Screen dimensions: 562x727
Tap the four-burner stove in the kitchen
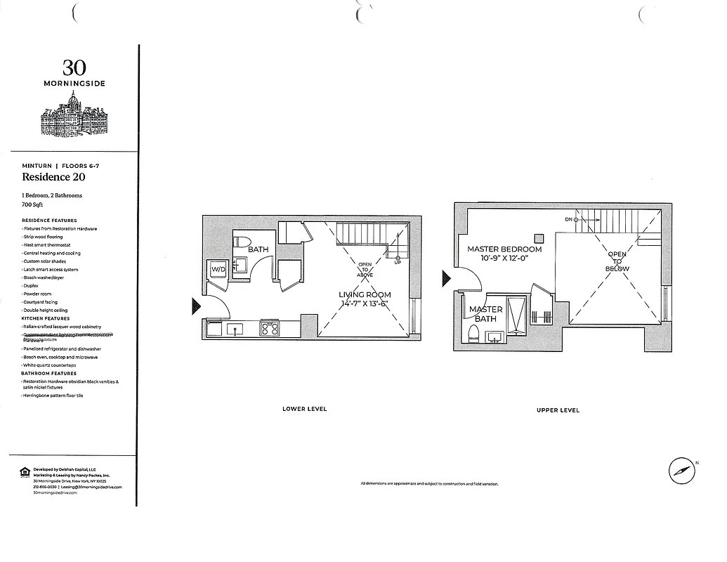pos(270,328)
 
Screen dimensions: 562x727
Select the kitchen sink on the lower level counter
pos(235,328)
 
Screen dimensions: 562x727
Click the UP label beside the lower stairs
pos(398,262)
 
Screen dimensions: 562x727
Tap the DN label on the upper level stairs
pos(570,219)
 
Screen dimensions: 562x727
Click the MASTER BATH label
pos(485,314)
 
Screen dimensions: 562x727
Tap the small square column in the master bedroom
pos(539,237)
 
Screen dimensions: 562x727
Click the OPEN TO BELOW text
pos(618,261)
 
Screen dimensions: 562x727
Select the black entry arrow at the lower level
pos(196,306)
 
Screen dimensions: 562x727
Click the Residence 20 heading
pos(53,177)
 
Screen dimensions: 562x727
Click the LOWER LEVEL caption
pos(304,409)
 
